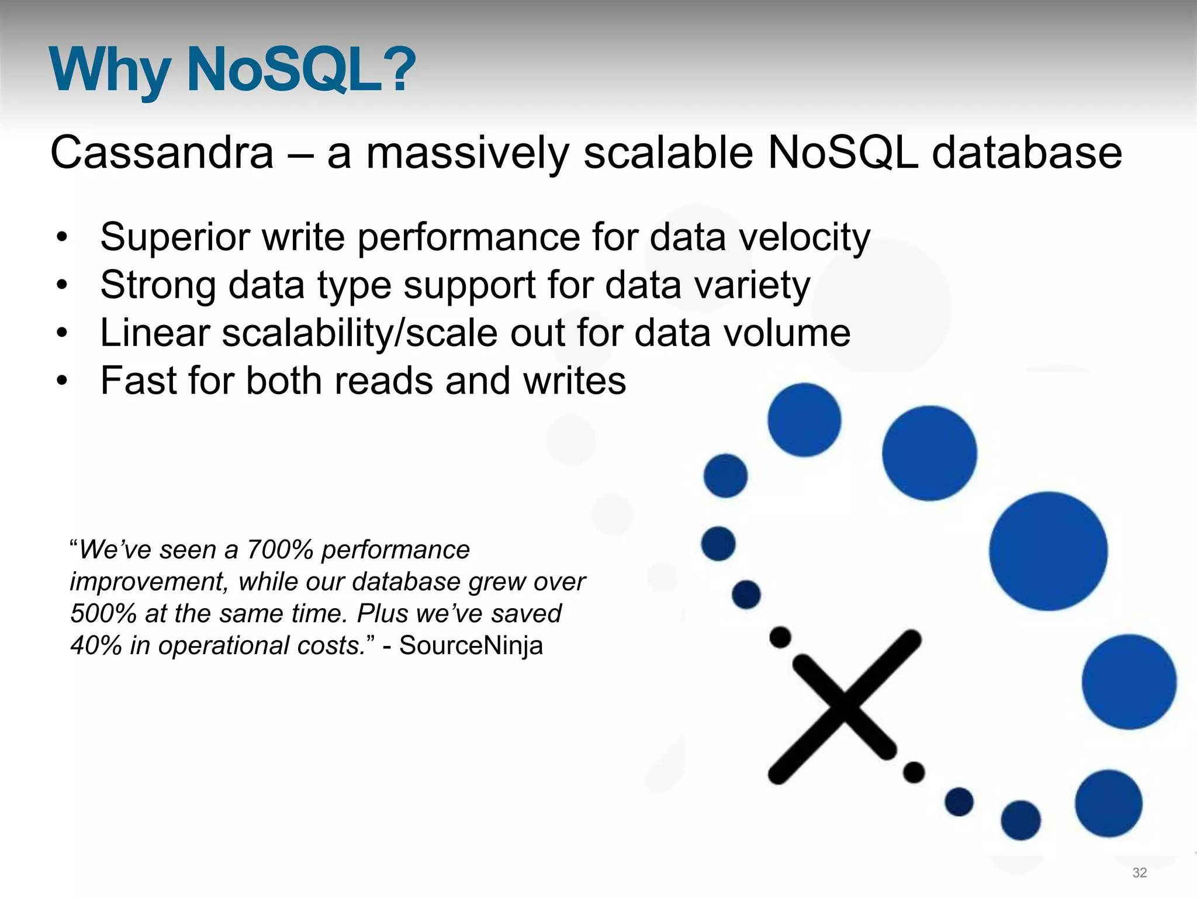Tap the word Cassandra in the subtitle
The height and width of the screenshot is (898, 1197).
click(x=162, y=153)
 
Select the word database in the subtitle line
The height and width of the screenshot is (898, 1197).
click(x=1026, y=153)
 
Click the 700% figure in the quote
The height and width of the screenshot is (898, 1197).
click(x=280, y=550)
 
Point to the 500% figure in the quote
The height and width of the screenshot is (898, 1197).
click(x=103, y=614)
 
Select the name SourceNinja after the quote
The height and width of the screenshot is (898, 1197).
click(x=471, y=645)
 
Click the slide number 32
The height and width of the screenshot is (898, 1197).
click(x=1140, y=873)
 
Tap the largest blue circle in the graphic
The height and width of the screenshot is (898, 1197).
click(x=1048, y=551)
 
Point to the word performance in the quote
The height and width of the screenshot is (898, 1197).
click(x=396, y=550)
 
